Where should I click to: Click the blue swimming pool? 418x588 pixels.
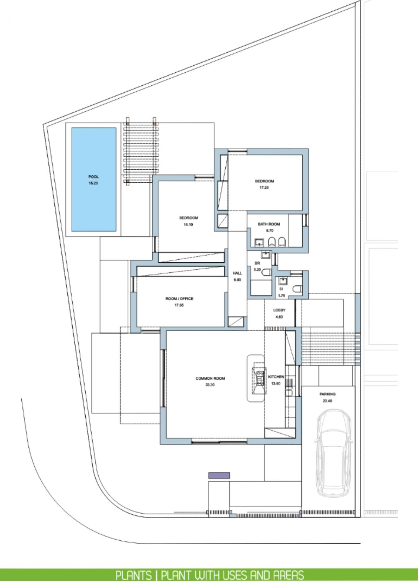click(x=94, y=179)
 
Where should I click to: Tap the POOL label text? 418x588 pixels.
click(x=93, y=176)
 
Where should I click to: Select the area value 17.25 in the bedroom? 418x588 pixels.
click(x=264, y=187)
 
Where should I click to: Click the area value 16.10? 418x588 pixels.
click(x=188, y=225)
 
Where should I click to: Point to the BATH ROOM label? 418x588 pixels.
click(x=269, y=224)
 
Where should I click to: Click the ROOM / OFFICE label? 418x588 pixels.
click(x=179, y=299)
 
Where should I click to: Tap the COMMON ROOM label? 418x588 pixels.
click(x=210, y=378)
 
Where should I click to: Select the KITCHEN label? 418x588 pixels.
click(x=276, y=377)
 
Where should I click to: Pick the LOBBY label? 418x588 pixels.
click(x=279, y=310)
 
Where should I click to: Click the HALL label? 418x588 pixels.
click(x=237, y=273)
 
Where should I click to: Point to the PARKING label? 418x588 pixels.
click(x=327, y=394)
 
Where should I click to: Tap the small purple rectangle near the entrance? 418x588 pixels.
click(x=219, y=476)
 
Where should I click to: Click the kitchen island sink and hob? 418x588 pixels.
click(x=259, y=381)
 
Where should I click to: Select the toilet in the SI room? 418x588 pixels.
click(x=298, y=289)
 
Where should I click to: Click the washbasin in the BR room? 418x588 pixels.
click(x=265, y=255)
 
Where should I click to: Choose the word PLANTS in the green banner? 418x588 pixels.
click(x=133, y=575)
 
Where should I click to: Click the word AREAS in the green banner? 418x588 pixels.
click(x=289, y=575)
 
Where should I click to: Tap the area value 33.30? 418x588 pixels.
click(x=210, y=385)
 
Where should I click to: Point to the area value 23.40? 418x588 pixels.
click(x=327, y=401)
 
